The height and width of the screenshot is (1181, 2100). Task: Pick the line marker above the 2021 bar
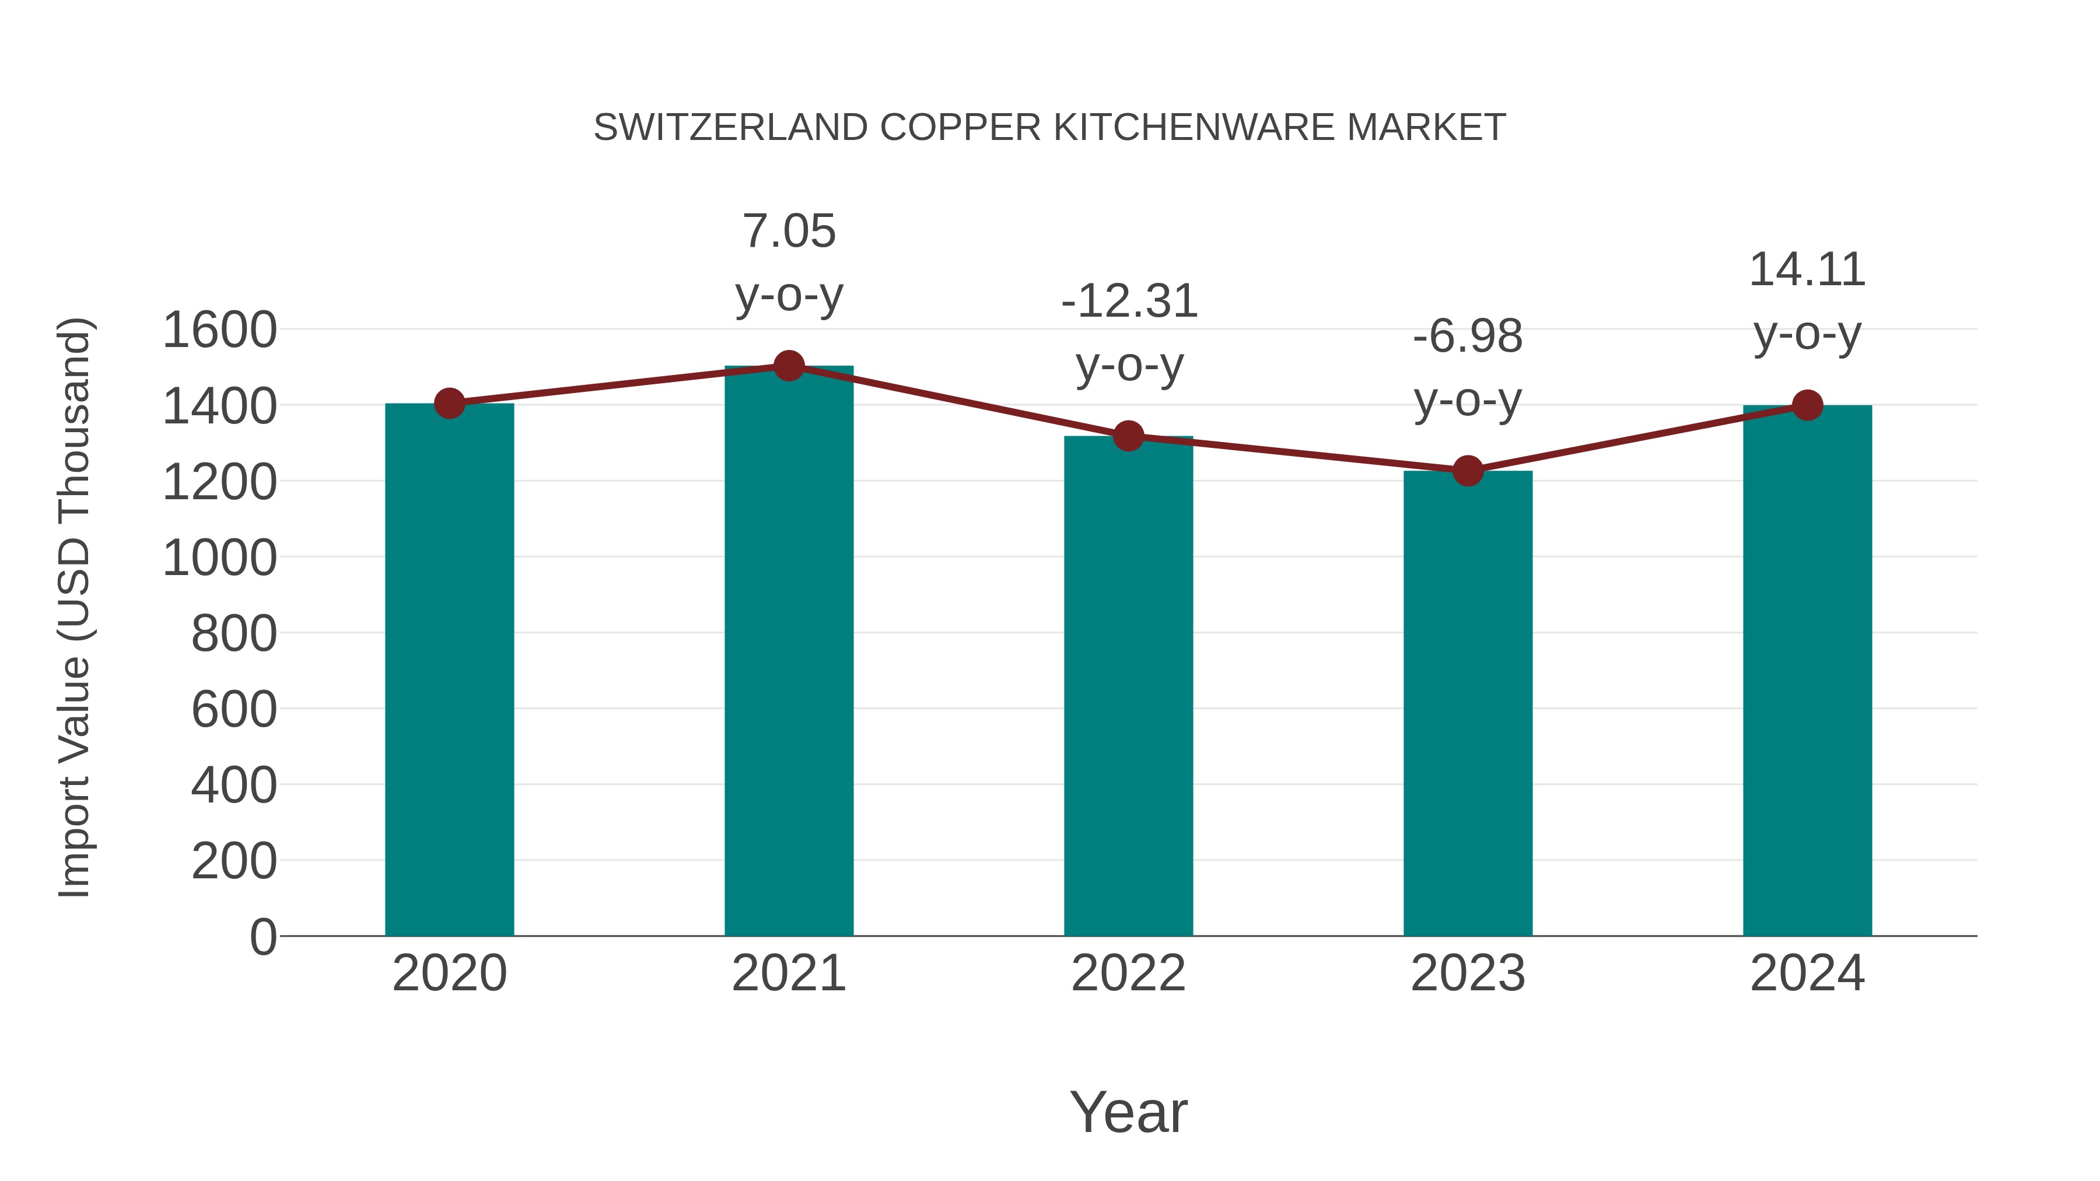[788, 366]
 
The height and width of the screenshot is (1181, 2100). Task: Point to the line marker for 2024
[1807, 405]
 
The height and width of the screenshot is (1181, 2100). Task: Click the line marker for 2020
[449, 402]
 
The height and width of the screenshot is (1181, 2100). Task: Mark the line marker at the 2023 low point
[1468, 470]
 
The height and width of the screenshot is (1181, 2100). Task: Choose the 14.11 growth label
[1807, 301]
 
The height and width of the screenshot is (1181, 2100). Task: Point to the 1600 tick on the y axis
[220, 330]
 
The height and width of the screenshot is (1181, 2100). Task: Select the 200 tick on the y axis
[234, 861]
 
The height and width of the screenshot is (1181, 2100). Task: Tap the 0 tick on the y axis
[262, 937]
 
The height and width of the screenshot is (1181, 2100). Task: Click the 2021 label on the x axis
[788, 973]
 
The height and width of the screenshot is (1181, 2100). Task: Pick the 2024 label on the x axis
[1807, 973]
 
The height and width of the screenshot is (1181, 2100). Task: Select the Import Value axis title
[75, 607]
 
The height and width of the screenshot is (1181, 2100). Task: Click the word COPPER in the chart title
[960, 128]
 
